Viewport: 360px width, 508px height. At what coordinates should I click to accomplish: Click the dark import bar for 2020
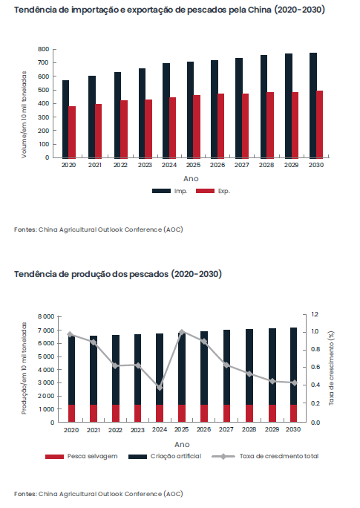(65, 119)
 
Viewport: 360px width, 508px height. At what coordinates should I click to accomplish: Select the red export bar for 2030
(319, 124)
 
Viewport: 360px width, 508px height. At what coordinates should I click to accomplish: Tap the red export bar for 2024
(173, 127)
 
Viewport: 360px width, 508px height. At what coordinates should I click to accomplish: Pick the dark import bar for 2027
(239, 108)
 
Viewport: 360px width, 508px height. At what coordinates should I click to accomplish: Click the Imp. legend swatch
(161, 191)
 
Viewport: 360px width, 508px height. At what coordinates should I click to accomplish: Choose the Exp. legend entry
(213, 191)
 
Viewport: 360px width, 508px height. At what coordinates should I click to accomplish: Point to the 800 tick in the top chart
(43, 49)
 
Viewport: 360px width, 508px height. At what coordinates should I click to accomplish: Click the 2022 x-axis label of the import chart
(120, 165)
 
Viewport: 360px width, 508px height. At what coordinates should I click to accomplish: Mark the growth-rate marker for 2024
(160, 388)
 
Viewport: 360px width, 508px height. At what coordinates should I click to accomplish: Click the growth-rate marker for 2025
(182, 332)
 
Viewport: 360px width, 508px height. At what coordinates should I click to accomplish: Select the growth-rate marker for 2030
(294, 383)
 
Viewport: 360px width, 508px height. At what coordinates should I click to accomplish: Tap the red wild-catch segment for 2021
(94, 414)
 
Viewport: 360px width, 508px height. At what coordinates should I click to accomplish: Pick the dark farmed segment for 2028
(249, 367)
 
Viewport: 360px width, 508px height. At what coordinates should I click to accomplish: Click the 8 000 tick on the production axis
(46, 316)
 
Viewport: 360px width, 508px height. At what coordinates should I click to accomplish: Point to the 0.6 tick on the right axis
(315, 367)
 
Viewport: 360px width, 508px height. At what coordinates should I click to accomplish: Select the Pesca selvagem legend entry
(82, 456)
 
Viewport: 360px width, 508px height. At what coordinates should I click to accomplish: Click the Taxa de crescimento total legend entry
(265, 456)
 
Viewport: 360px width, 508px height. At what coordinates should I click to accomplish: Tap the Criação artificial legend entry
(165, 456)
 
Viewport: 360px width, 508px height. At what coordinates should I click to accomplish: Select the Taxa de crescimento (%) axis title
(331, 368)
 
